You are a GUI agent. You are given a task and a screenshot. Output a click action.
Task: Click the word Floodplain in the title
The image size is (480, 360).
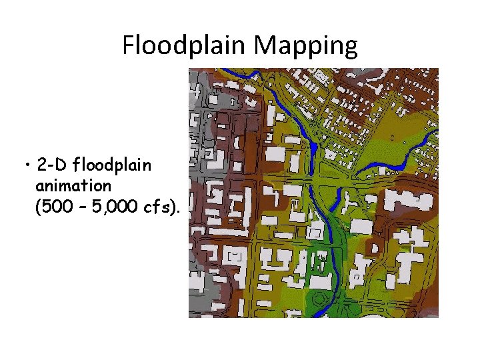click(185, 45)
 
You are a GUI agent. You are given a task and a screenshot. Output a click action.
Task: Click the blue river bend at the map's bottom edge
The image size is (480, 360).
click(323, 311)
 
